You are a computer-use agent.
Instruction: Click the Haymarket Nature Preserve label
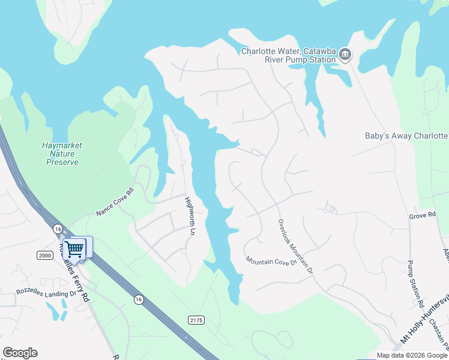tap(62, 154)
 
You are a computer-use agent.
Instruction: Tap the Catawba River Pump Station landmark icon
tap(345, 55)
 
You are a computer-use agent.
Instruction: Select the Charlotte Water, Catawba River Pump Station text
tap(288, 55)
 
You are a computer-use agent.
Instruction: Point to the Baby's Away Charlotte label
tap(406, 136)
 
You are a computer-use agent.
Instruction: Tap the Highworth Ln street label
tap(190, 216)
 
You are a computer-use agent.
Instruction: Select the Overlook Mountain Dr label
tap(295, 246)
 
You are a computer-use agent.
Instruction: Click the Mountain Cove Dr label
tap(271, 262)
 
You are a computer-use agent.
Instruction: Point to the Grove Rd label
tap(422, 215)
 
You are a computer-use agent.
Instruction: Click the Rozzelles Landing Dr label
tap(47, 293)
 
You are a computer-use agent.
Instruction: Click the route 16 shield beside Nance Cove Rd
tap(58, 229)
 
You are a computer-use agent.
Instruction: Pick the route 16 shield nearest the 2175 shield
tap(139, 299)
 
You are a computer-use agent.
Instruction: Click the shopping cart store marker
tap(74, 247)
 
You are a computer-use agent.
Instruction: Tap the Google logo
tap(20, 353)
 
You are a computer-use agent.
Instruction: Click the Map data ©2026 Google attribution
tap(411, 356)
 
